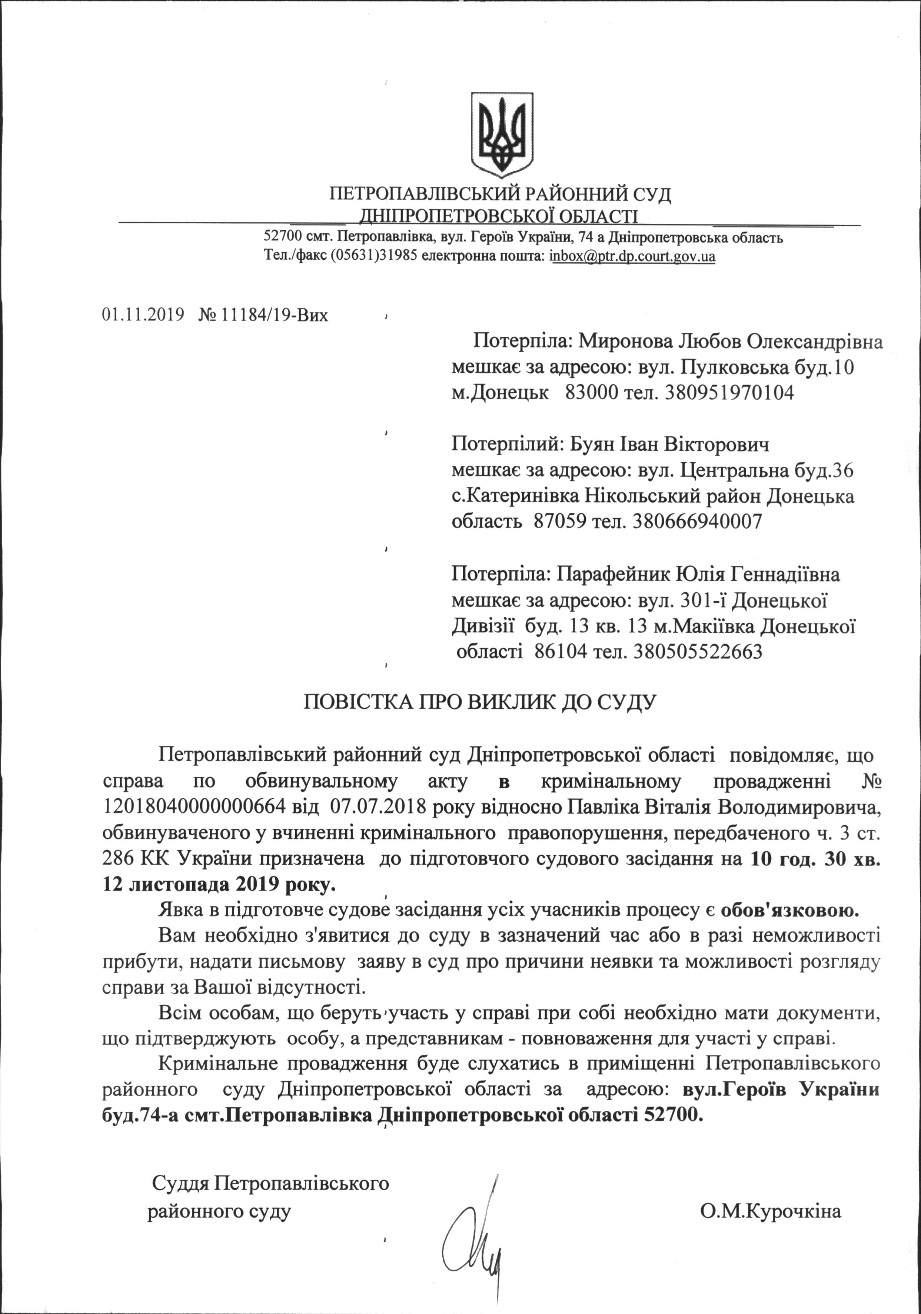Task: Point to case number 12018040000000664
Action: coord(193,808)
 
